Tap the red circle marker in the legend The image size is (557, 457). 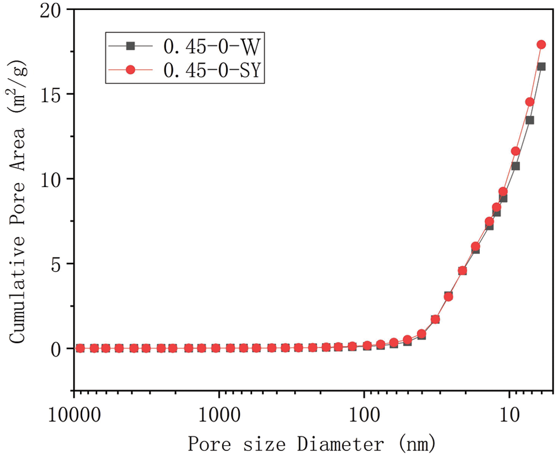(130, 70)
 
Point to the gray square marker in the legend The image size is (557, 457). (130, 46)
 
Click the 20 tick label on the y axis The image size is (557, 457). (51, 9)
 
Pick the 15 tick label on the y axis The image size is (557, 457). (51, 94)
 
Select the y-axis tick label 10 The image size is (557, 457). (51, 179)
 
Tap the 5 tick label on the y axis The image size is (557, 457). (56, 264)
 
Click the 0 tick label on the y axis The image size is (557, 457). (56, 349)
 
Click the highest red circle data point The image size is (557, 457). (541, 45)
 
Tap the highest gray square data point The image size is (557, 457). (541, 66)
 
